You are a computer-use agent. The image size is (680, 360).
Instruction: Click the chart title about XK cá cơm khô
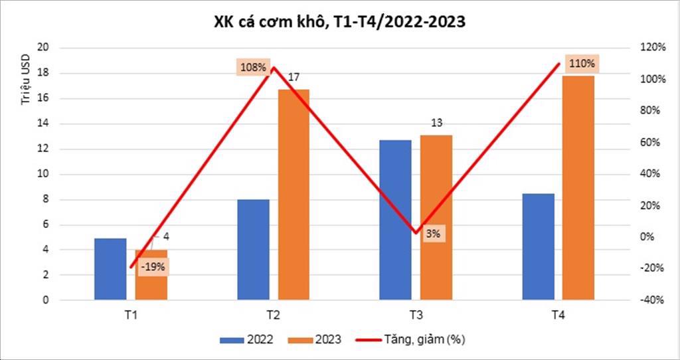(x=339, y=21)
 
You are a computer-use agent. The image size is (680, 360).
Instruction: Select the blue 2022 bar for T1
(x=110, y=269)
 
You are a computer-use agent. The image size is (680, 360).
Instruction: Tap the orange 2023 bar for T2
(x=294, y=194)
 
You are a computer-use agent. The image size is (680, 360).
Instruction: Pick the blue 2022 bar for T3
(x=395, y=219)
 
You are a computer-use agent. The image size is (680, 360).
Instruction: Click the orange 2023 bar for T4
(x=578, y=187)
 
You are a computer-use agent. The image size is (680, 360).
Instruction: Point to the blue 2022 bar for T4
(x=538, y=246)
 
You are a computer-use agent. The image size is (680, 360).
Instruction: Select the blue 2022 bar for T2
(x=253, y=249)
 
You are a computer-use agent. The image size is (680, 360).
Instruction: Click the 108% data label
(x=252, y=67)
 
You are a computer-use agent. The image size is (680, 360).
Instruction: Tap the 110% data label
(x=582, y=64)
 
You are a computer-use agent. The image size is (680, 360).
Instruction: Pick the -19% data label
(x=153, y=267)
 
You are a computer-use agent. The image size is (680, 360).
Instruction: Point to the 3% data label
(x=433, y=233)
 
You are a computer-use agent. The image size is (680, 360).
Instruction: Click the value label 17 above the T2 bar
(x=294, y=78)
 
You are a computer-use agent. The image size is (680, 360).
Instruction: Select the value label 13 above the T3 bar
(x=436, y=123)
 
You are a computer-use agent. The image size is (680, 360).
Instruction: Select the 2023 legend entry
(x=315, y=340)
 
